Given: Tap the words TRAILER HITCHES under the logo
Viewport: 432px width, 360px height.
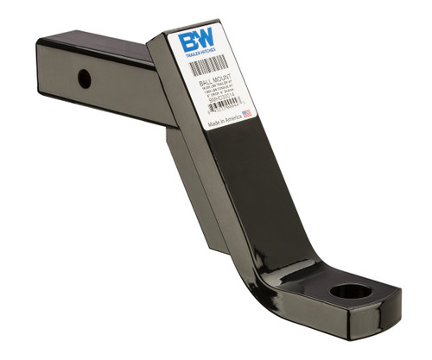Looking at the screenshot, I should pos(197,55).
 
